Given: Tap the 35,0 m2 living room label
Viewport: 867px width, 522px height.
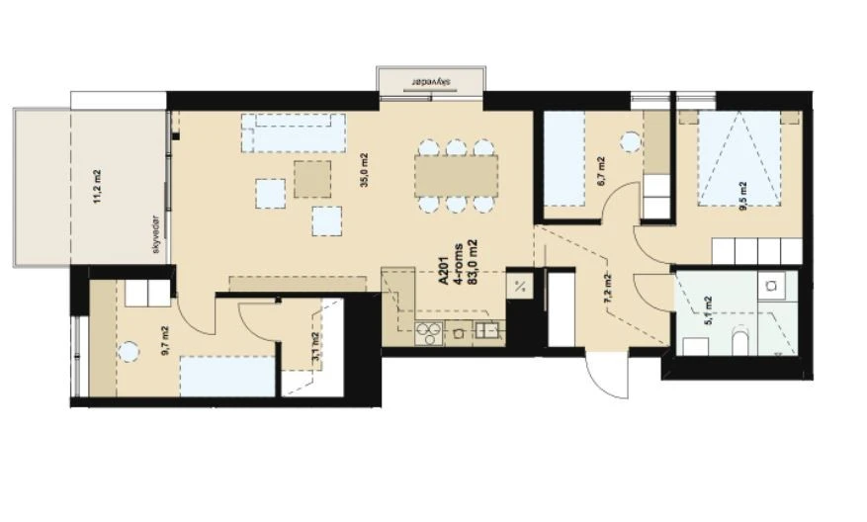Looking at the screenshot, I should (x=364, y=170).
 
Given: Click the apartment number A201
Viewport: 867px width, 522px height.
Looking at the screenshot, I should (x=443, y=269).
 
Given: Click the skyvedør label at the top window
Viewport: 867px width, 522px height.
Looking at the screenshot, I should (x=432, y=82).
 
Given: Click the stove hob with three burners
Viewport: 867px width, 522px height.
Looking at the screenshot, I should (x=432, y=331).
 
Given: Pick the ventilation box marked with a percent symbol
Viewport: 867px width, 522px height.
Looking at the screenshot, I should (x=519, y=287).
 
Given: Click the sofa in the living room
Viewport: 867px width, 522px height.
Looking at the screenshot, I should (x=295, y=132).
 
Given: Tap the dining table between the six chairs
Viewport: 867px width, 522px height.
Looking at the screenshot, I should (x=455, y=176).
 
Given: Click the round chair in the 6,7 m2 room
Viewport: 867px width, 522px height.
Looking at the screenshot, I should (x=628, y=141).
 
